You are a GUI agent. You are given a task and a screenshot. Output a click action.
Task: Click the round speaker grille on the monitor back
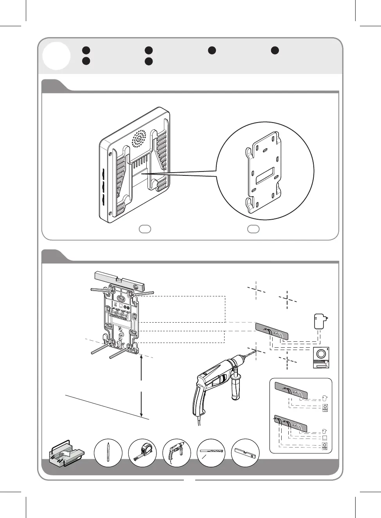139,139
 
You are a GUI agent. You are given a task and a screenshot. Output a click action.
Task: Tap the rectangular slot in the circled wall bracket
265,176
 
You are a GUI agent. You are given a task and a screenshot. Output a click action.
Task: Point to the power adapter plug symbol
320,321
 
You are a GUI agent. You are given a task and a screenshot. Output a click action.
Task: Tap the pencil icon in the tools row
108,453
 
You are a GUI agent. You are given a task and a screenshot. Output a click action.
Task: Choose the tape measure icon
142,453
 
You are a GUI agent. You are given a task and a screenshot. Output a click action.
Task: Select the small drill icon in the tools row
176,453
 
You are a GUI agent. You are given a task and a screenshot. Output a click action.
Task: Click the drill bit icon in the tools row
211,453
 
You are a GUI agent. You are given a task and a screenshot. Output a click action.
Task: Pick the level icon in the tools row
245,453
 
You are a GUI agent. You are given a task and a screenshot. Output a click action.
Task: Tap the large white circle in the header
57,56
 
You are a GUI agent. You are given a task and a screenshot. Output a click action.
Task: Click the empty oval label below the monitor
145,229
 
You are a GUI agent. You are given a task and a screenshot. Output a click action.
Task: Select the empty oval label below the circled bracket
253,229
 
